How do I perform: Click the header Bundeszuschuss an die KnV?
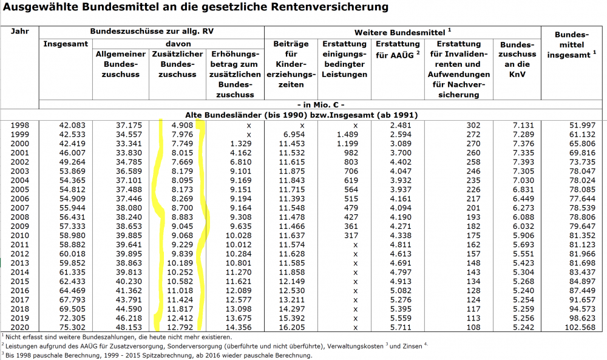(518, 59)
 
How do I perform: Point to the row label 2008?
(20, 217)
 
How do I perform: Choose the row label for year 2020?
(20, 327)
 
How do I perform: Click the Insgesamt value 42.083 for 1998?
(73, 124)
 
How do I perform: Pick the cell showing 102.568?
(579, 327)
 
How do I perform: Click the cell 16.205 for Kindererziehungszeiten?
(293, 327)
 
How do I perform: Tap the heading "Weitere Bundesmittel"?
(401, 31)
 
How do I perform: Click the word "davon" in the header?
(178, 44)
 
